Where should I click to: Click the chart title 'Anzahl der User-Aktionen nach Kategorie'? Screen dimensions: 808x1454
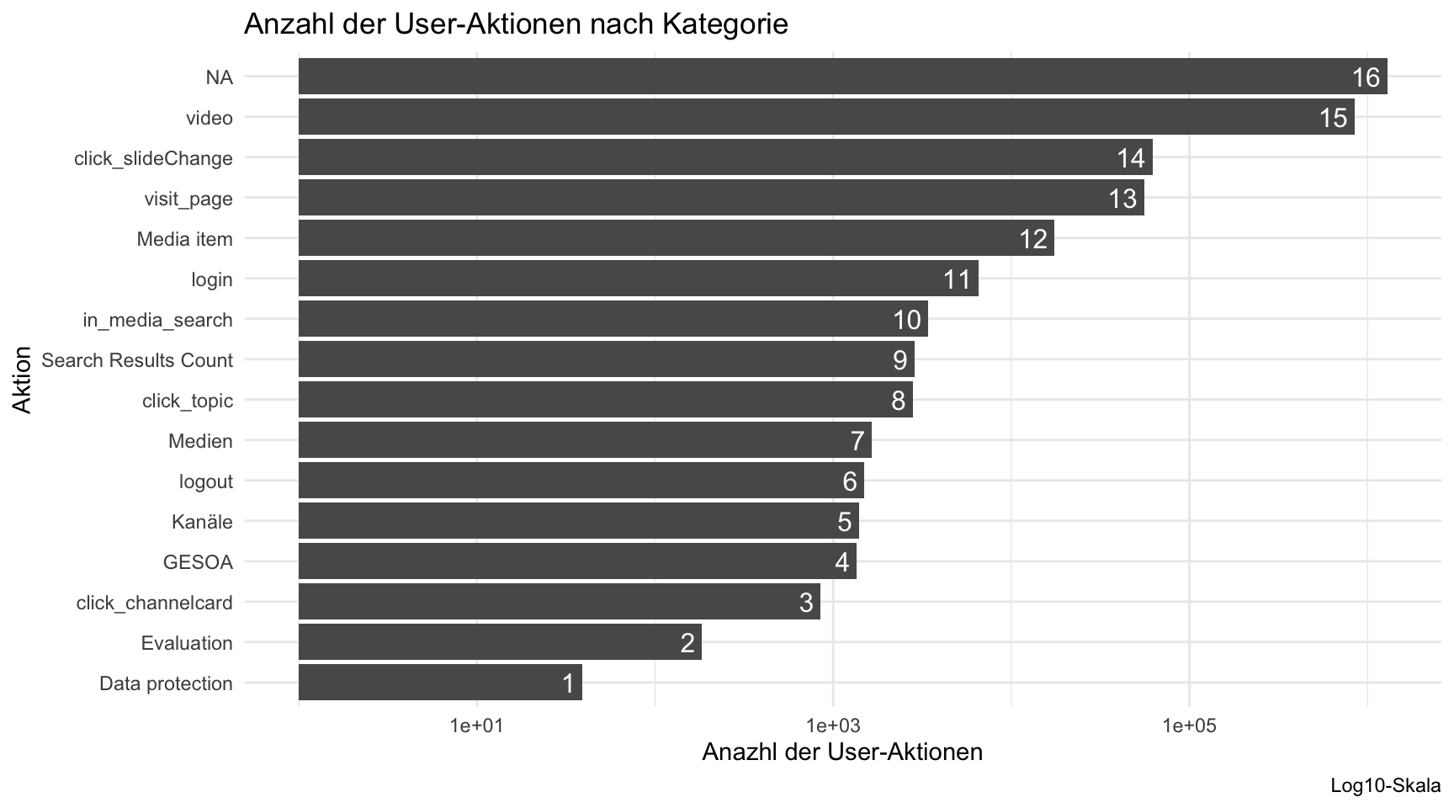[515, 24]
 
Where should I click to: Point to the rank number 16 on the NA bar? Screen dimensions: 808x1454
[1366, 77]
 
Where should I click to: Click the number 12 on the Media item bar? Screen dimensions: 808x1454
[1033, 239]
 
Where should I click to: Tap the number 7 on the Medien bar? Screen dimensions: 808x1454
[857, 441]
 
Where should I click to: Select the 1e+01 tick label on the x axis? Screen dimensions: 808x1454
[476, 726]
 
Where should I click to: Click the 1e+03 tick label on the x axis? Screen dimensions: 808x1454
[832, 726]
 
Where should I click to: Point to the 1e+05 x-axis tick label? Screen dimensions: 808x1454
[1188, 726]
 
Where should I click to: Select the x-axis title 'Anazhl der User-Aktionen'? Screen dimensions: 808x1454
[841, 752]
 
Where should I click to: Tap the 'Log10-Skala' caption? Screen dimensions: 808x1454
[1385, 786]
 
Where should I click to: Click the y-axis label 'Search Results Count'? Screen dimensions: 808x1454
[137, 360]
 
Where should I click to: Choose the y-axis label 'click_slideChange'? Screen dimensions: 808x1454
[153, 158]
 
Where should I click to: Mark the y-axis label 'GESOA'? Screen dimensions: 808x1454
[198, 562]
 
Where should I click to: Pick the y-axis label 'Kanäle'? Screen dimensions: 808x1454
[202, 522]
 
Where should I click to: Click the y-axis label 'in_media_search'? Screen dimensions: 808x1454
[157, 320]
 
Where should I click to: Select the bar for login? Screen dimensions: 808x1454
[638, 279]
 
